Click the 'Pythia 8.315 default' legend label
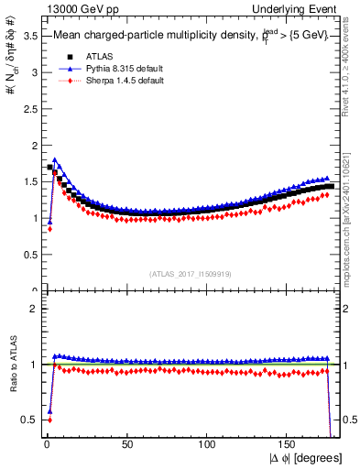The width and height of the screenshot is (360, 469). click(x=116, y=69)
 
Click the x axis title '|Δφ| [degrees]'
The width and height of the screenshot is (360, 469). click(x=304, y=457)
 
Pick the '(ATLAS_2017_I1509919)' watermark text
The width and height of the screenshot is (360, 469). click(x=190, y=272)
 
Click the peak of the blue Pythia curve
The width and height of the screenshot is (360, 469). click(x=55, y=159)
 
